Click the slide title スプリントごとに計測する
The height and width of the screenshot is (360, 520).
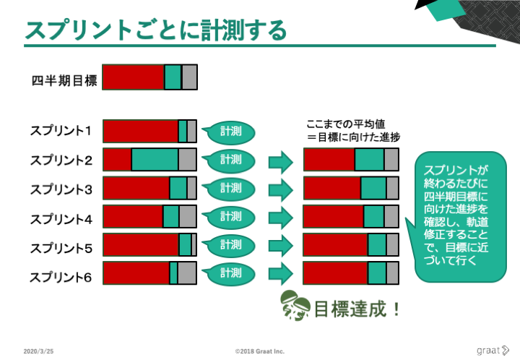[x=155, y=30]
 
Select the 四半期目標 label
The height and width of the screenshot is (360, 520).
[x=64, y=81]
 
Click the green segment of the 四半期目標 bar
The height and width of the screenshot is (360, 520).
[x=173, y=77]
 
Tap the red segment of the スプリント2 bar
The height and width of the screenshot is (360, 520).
[x=118, y=160]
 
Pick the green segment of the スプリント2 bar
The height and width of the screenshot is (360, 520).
[x=155, y=160]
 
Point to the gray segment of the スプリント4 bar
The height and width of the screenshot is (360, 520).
[x=188, y=216]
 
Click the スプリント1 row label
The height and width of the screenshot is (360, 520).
[x=61, y=131]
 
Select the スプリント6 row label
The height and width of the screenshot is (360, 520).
[x=61, y=278]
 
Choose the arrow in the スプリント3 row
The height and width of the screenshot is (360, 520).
[x=281, y=190]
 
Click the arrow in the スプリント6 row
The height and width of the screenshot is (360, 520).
[x=281, y=273]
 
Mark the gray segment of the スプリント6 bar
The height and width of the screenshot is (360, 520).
[x=187, y=273]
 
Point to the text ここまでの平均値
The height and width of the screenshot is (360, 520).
[x=345, y=124]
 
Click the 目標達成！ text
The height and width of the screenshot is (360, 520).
[x=357, y=309]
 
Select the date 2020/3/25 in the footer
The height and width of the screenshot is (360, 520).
[x=38, y=351]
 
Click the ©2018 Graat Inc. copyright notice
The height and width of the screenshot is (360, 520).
[x=260, y=351]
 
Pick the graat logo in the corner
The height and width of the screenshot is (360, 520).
[x=493, y=351]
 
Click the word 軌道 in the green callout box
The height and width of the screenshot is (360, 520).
[x=477, y=222]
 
